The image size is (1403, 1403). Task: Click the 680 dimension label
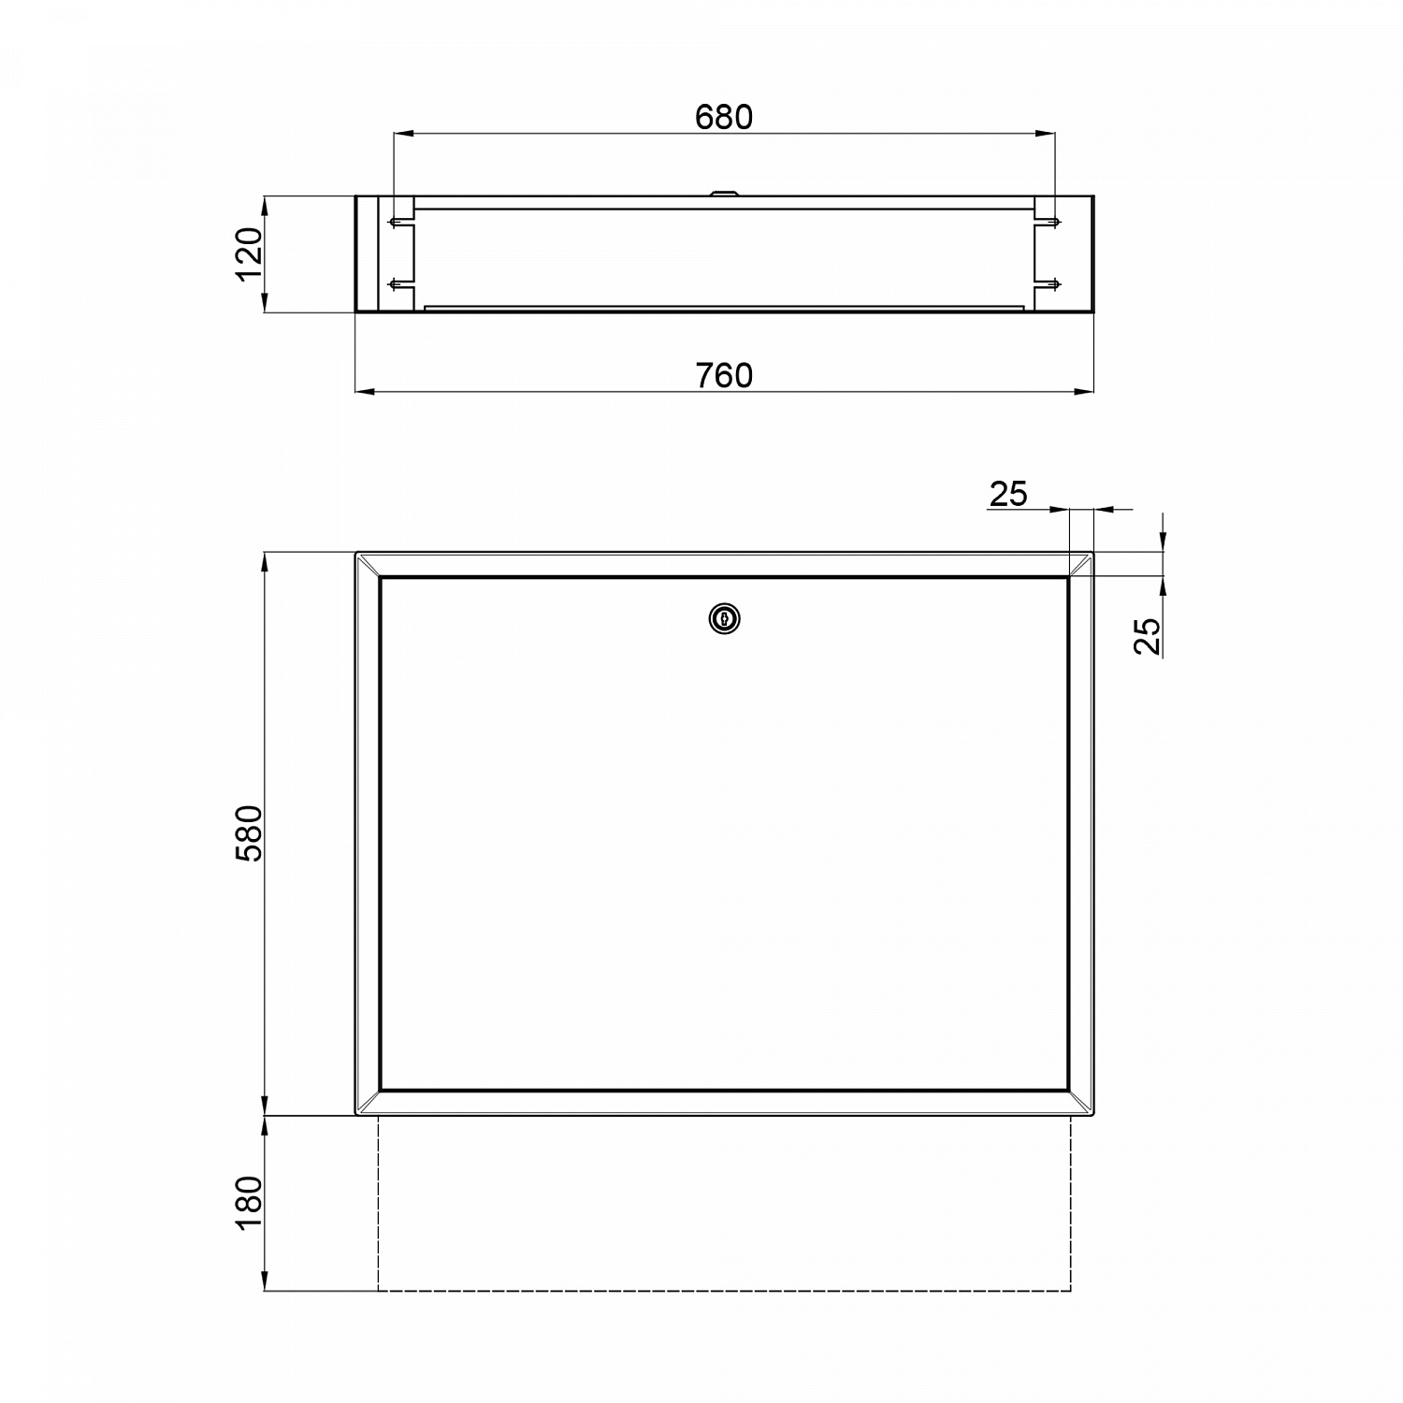click(724, 117)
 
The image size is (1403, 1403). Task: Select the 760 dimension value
click(724, 375)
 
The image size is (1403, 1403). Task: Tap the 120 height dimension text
click(249, 253)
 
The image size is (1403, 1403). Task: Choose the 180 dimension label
click(249, 1203)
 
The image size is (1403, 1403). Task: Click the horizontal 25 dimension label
click(1008, 493)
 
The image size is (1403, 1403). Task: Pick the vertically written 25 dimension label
click(1148, 636)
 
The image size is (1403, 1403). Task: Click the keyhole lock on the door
click(724, 618)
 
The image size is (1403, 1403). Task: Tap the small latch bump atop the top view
click(724, 194)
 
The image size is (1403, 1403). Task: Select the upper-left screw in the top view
click(397, 224)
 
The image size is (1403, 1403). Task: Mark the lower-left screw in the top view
click(397, 284)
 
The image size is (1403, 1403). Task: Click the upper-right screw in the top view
click(1052, 224)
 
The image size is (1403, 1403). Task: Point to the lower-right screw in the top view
click(1052, 284)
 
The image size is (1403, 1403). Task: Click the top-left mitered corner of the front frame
click(369, 565)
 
